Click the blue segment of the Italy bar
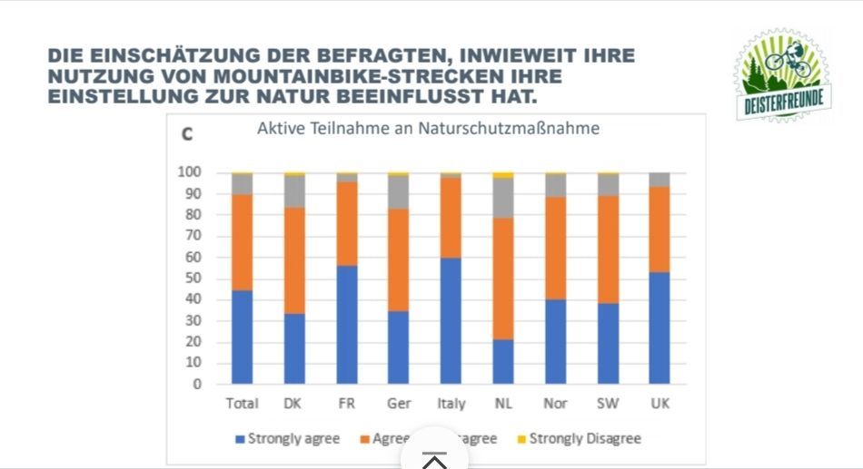451,320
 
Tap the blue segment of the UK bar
660,327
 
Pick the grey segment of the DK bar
294,191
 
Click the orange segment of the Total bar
242,242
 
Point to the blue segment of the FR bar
346,324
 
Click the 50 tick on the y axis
193,278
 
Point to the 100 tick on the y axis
189,172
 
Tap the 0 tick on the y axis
196,385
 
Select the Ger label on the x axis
399,404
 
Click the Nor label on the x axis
556,404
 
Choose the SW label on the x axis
608,404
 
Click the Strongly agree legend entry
287,439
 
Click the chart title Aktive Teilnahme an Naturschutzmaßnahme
428,129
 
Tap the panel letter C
187,134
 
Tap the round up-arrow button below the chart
434,459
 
